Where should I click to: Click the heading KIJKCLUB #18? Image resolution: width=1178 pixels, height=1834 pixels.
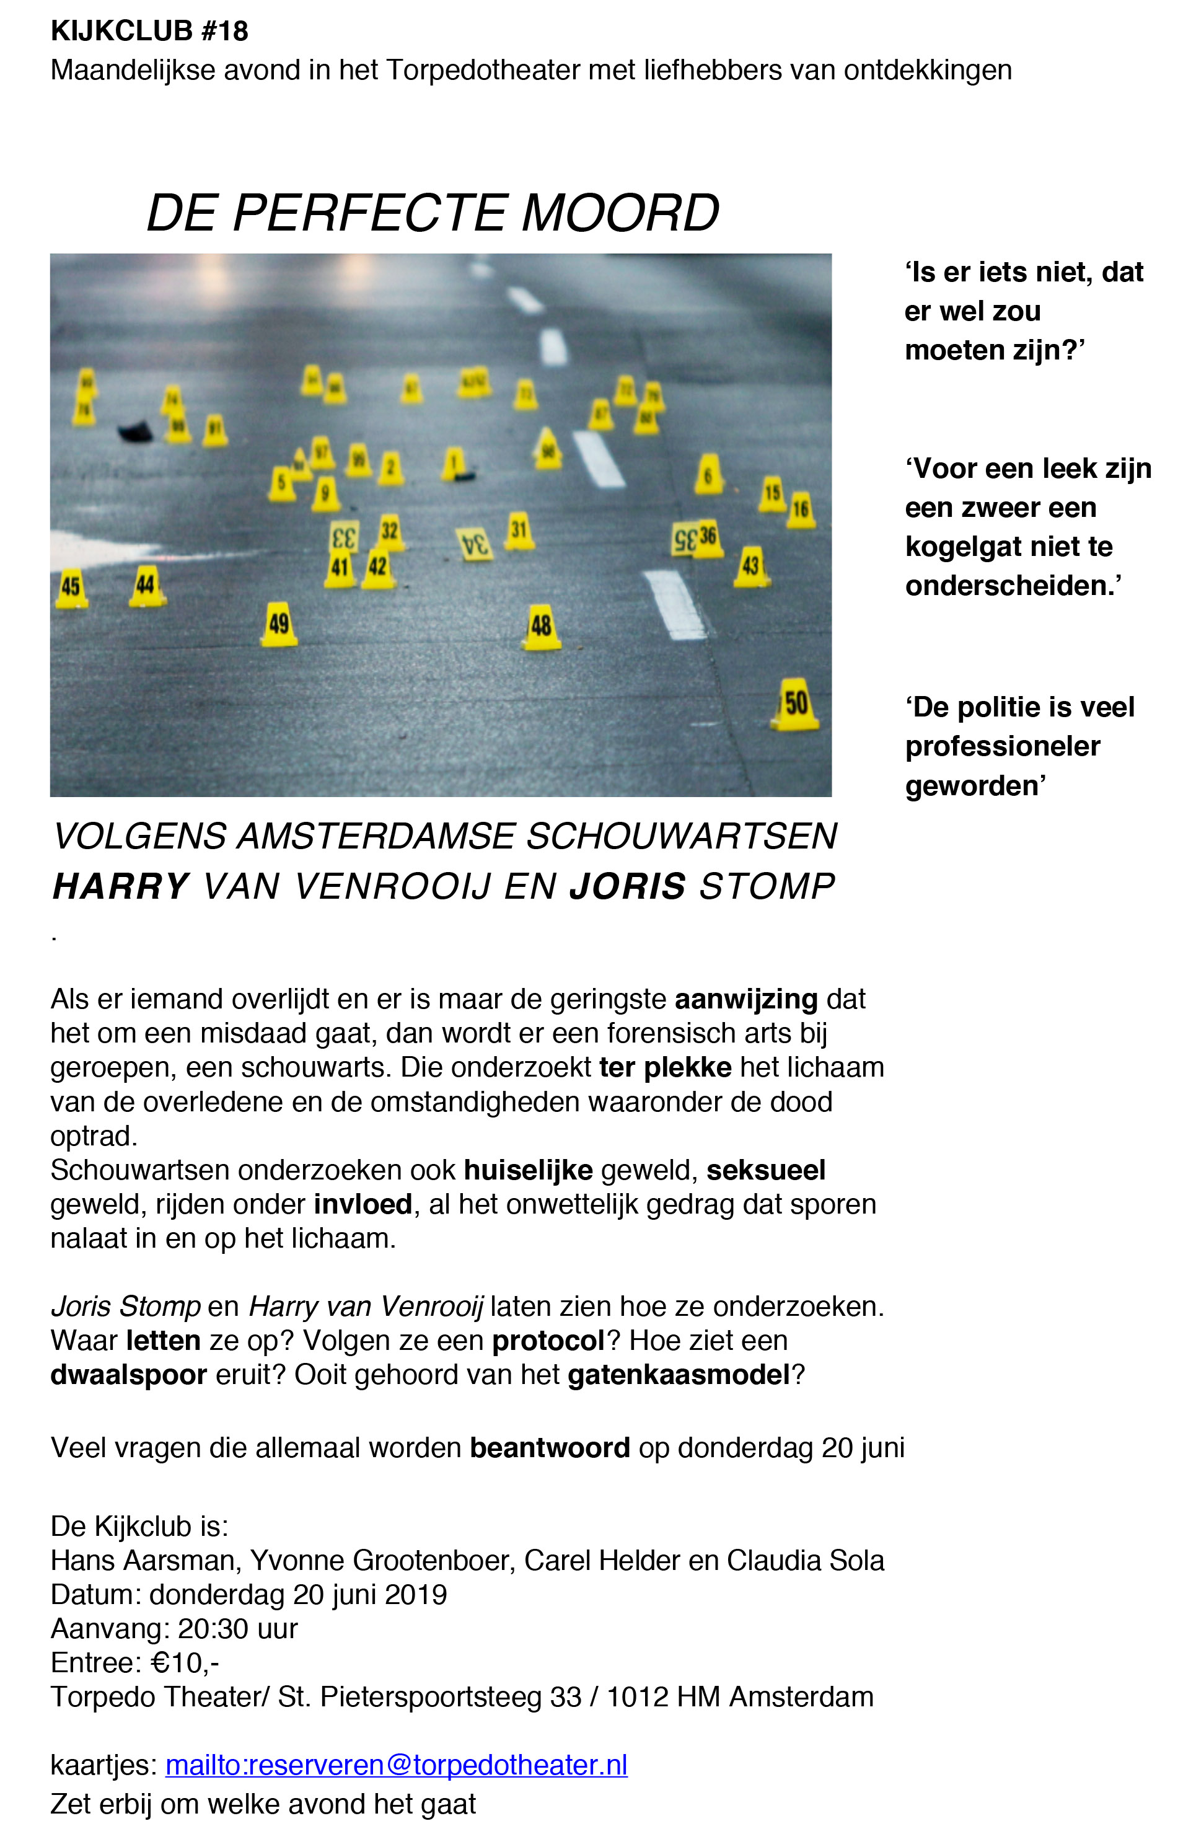pyautogui.click(x=149, y=32)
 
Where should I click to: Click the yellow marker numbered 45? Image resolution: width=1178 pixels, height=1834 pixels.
pyautogui.click(x=71, y=588)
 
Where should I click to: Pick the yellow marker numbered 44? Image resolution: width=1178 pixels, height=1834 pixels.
pyautogui.click(x=146, y=586)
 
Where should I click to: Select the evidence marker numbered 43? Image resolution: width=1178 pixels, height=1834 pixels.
pyautogui.click(x=750, y=567)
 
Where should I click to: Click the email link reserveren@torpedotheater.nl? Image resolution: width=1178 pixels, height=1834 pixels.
pyautogui.click(x=396, y=1765)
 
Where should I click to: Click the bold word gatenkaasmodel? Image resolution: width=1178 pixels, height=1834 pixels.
pyautogui.click(x=679, y=1375)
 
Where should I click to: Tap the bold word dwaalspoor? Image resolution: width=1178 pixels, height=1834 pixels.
pyautogui.click(x=128, y=1375)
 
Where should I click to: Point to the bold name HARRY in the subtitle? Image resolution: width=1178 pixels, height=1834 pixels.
pyautogui.click(x=120, y=886)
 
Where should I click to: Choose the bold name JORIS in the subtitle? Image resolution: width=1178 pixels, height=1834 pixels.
pyautogui.click(x=627, y=886)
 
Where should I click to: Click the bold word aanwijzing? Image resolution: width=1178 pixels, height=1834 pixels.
pyautogui.click(x=746, y=999)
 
